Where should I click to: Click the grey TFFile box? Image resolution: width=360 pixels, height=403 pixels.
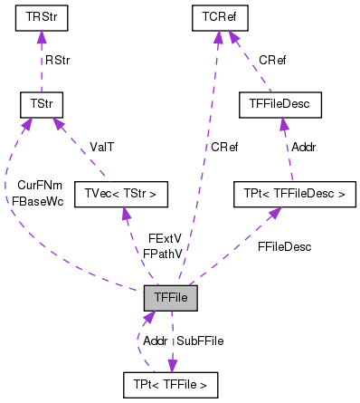point(170,297)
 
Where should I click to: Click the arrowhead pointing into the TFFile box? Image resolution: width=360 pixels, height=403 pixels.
point(147,316)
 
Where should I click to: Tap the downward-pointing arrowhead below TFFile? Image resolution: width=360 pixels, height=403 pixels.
point(172,366)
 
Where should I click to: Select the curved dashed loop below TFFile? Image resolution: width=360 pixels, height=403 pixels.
point(138,349)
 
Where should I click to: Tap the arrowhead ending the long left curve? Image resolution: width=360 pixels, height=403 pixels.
point(26,123)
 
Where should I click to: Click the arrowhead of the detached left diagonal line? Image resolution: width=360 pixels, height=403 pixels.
point(57,122)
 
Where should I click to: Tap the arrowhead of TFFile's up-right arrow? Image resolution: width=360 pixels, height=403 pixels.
point(275,212)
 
